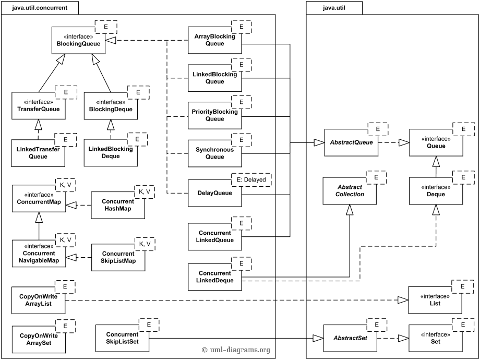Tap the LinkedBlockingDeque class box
(111, 152)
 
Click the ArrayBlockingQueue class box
(214, 40)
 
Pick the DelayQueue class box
(214, 193)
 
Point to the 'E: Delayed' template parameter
(251, 180)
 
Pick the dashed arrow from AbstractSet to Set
(393, 338)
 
